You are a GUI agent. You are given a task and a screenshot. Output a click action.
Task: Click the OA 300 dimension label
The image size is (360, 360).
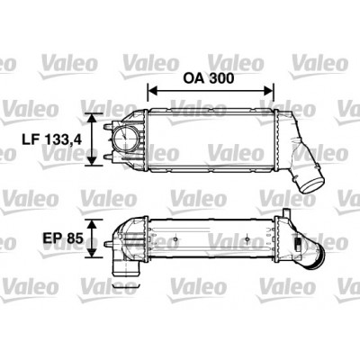[209, 78]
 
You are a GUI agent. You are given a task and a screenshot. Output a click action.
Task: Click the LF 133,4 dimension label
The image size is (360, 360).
[51, 139]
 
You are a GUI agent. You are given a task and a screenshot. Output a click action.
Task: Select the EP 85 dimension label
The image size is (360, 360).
[63, 238]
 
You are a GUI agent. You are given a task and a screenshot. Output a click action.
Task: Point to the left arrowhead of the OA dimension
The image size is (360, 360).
[153, 90]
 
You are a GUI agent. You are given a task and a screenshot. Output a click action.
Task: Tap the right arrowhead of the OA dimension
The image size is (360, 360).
[268, 90]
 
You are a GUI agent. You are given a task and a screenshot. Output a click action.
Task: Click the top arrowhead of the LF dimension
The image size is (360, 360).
[92, 118]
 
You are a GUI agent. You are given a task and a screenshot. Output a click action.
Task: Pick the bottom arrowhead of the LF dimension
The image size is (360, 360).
[92, 161]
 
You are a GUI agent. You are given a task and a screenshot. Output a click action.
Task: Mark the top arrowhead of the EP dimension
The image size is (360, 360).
[93, 223]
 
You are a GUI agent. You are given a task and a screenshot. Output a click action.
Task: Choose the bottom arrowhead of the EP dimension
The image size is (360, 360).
[93, 253]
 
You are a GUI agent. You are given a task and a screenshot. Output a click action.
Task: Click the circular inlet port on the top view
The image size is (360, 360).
[124, 137]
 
